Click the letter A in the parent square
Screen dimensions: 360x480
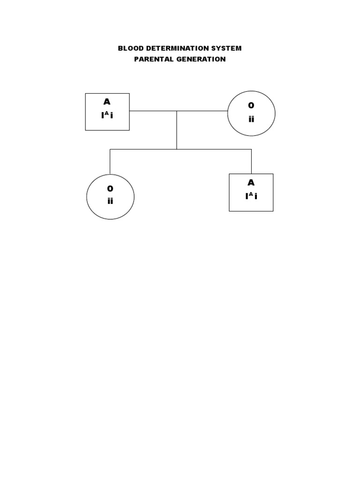point(107,102)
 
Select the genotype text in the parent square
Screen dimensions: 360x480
point(107,115)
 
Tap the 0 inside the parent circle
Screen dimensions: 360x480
point(251,106)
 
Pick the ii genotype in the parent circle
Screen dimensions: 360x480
point(251,119)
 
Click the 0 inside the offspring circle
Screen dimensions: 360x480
point(110,189)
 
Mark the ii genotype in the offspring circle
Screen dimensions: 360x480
point(110,202)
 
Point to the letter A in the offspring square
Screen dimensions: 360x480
point(251,183)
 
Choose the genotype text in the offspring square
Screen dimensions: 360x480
point(251,196)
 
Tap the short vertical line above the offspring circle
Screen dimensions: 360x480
point(110,162)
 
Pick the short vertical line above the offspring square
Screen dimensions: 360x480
point(251,161)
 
